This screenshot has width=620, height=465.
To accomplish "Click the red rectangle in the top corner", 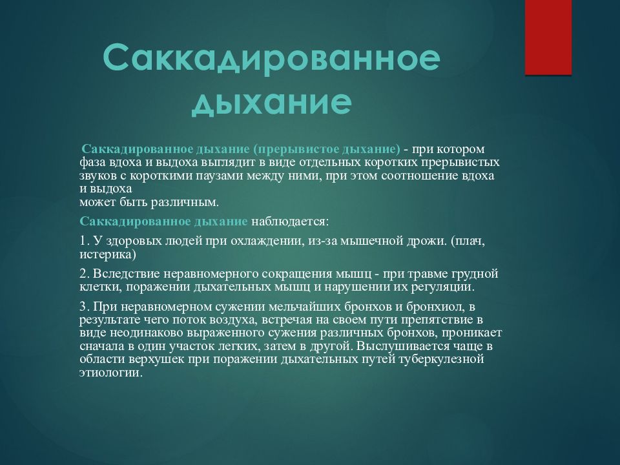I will tap(548, 37).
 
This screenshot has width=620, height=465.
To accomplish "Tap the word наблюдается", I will tap(290, 221).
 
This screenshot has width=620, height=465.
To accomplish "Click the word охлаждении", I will tap(266, 242).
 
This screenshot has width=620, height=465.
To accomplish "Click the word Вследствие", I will tap(123, 274).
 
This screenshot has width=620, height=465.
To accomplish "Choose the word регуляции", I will tap(442, 287).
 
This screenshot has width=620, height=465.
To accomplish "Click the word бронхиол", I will tap(429, 307).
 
